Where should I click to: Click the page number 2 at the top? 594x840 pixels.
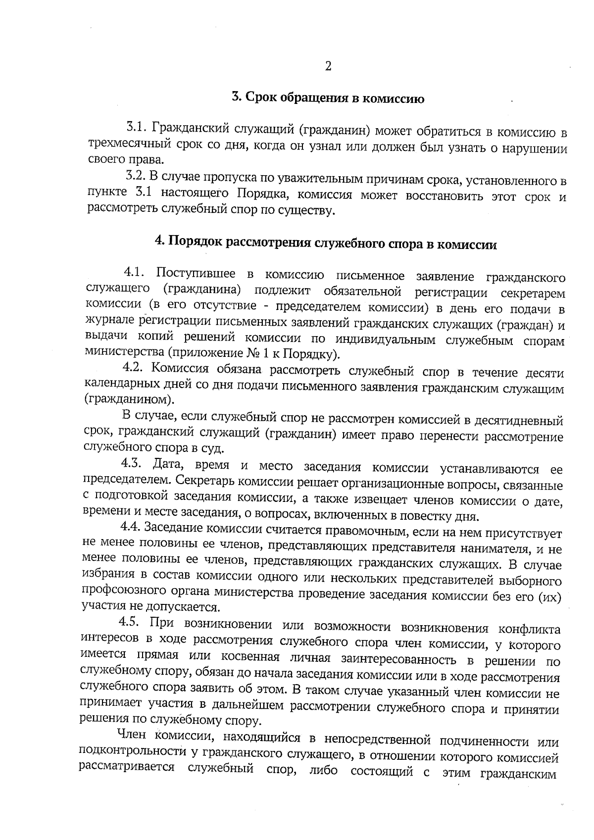(327, 67)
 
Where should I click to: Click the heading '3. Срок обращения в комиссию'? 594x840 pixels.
(328, 98)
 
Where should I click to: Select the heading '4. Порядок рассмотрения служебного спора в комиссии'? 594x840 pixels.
(326, 243)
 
